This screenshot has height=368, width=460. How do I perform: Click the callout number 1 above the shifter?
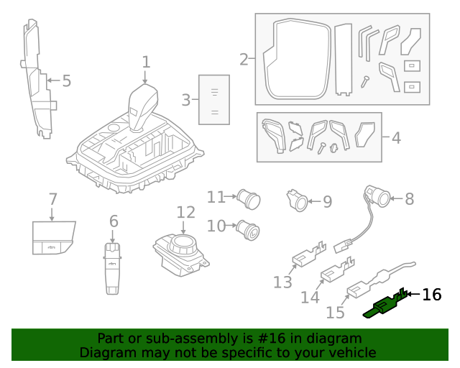146,63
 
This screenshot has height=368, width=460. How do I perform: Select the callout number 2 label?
244,60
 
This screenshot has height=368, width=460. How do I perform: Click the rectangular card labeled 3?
214,100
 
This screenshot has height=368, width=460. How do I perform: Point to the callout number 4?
396,137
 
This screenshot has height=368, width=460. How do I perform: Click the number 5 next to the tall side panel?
66,81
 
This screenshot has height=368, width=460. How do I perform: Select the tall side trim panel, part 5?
37,79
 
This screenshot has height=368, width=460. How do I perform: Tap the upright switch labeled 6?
113,267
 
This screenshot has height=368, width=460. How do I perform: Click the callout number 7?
52,198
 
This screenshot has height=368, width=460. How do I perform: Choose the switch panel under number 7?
52,238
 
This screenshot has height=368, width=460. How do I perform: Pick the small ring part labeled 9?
297,201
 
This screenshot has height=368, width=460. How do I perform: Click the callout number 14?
310,296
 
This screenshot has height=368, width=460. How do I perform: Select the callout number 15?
336,312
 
